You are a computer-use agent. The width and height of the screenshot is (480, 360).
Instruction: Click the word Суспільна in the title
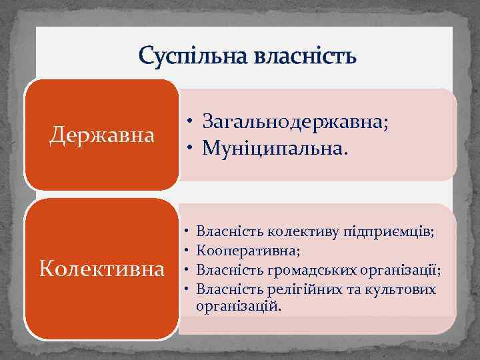193,56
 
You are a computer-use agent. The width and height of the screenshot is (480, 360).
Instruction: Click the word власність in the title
305,56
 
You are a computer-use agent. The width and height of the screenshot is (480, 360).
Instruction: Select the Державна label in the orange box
103,135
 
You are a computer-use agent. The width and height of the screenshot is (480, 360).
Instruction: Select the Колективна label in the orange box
103,269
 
